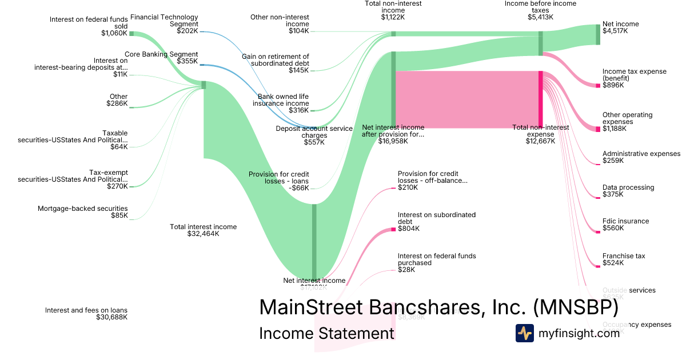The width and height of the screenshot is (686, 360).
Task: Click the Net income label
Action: coord(620,24)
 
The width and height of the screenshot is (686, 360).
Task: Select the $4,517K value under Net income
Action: coord(615,31)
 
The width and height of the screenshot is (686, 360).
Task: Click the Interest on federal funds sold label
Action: coord(89,22)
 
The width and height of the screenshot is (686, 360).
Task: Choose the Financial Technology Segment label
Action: coord(164,21)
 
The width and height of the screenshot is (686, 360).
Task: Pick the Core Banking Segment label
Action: coord(161,54)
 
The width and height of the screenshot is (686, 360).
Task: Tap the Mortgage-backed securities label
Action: coord(83,209)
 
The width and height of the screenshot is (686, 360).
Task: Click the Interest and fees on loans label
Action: coord(86,310)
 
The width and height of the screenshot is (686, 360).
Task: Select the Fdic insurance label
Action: coord(625,221)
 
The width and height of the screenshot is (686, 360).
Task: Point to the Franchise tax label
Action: coord(624,256)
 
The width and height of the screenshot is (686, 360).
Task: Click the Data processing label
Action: coord(628,187)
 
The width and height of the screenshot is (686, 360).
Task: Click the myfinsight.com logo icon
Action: coord(524,333)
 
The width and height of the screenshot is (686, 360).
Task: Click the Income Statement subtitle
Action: coord(326,333)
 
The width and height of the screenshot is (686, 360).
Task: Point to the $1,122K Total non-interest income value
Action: coord(393,17)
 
